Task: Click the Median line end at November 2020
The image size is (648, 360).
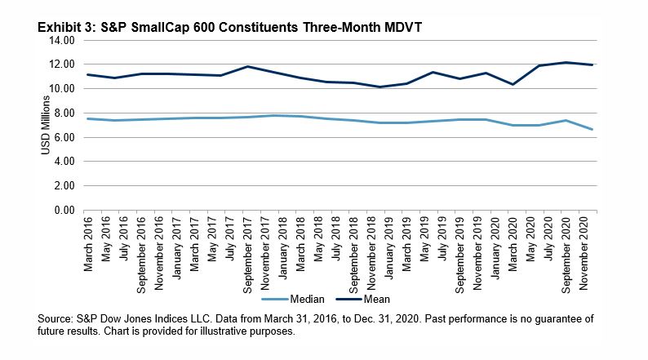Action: [591, 129]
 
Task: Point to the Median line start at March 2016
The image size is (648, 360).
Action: [87, 118]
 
